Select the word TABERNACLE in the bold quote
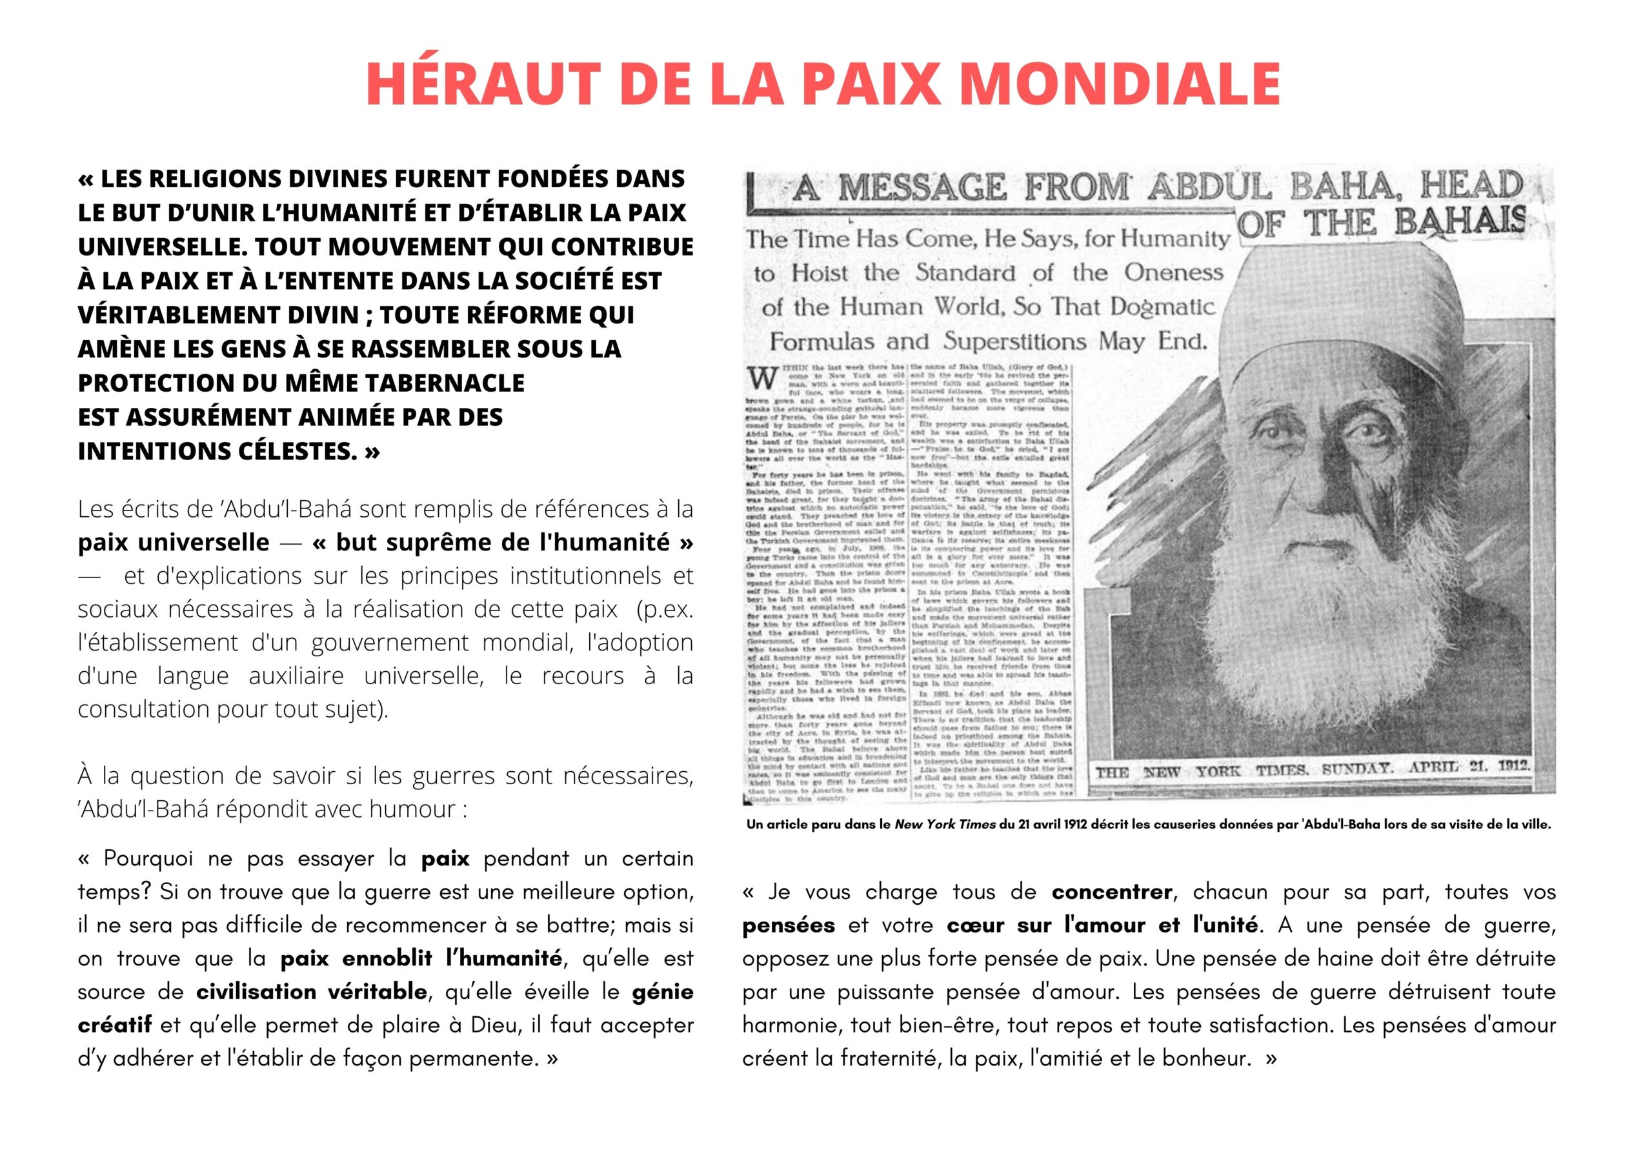click(x=445, y=383)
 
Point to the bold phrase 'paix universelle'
click(x=173, y=542)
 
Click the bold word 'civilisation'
click(x=256, y=991)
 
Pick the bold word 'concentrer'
click(x=1112, y=892)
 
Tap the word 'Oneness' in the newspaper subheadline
click(x=1174, y=273)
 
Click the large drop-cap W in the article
click(x=762, y=378)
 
